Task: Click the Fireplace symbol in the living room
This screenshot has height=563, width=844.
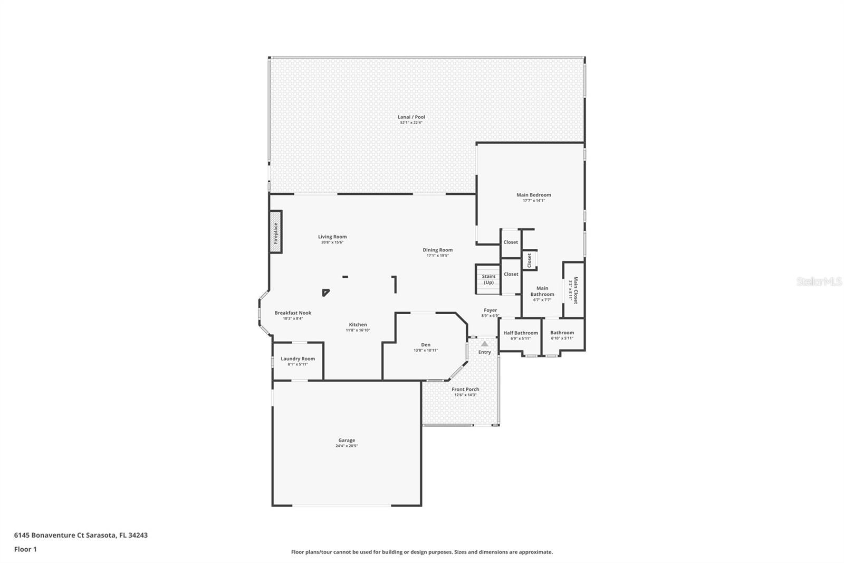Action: [275, 232]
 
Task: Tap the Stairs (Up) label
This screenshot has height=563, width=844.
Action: [488, 279]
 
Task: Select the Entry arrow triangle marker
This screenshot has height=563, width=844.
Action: [484, 344]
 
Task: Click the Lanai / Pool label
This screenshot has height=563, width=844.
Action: [411, 117]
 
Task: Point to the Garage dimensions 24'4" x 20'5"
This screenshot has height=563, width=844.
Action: [347, 446]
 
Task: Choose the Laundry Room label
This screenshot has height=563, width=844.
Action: [298, 359]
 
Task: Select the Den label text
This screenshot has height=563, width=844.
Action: [426, 345]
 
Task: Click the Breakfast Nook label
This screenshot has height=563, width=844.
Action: [293, 313]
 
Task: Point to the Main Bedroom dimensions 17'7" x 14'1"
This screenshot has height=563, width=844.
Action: [533, 201]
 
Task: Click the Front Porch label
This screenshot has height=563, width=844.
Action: [465, 389]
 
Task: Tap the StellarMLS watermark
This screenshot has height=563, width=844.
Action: [819, 282]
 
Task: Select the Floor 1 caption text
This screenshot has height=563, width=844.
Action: [25, 549]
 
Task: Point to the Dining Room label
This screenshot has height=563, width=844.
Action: [437, 250]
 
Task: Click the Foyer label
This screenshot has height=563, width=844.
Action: [490, 311]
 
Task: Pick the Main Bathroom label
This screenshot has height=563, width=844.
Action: [542, 292]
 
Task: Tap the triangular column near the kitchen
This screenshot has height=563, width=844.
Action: [325, 292]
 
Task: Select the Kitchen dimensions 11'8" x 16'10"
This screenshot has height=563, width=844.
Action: [358, 331]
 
